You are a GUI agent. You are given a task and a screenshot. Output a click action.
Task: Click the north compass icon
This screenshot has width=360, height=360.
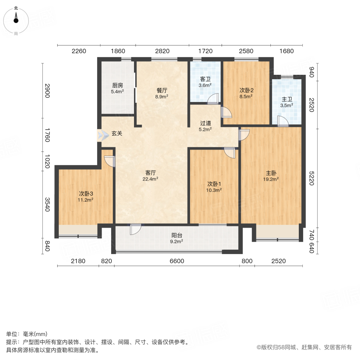pyautogui.click(x=16, y=18)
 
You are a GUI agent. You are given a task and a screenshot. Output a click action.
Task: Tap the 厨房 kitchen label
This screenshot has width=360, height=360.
pyautogui.click(x=117, y=88)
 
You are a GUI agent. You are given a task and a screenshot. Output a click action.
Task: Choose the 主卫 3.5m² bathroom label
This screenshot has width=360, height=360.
pyautogui.click(x=286, y=103)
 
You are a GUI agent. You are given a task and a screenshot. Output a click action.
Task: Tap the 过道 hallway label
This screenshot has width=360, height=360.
pyautogui.click(x=206, y=126)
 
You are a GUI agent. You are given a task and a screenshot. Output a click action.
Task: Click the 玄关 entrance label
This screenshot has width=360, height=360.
pyautogui.click(x=117, y=134)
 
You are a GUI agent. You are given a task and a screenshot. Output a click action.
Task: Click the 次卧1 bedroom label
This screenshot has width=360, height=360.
pyautogui.click(x=214, y=187)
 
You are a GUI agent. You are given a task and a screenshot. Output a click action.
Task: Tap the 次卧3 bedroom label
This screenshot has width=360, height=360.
pyautogui.click(x=86, y=196)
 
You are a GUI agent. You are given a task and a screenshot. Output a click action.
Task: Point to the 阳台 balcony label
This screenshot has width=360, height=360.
pyautogui.click(x=176, y=238)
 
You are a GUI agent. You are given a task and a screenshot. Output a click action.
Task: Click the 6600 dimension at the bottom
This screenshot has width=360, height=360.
pyautogui.click(x=177, y=261)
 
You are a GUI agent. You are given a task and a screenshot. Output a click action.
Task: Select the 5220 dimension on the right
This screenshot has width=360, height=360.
pyautogui.click(x=312, y=176)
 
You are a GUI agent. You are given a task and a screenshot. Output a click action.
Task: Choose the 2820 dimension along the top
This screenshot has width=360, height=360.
pyautogui.click(x=162, y=51)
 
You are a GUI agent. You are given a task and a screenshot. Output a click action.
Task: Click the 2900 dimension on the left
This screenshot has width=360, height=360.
pyautogui.click(x=47, y=91)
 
